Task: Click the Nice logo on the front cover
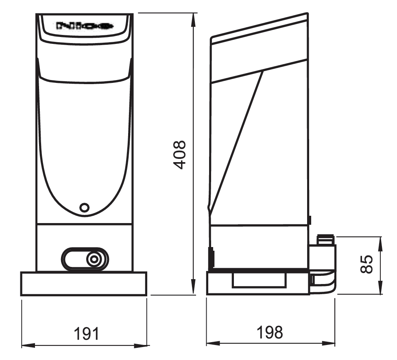tap(84, 26)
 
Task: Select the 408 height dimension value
tap(179, 155)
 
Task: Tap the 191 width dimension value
tap(86, 334)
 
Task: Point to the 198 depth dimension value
tap(269, 332)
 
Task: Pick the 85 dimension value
tap(367, 265)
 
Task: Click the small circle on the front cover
tap(84, 207)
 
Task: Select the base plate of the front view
tap(83, 284)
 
